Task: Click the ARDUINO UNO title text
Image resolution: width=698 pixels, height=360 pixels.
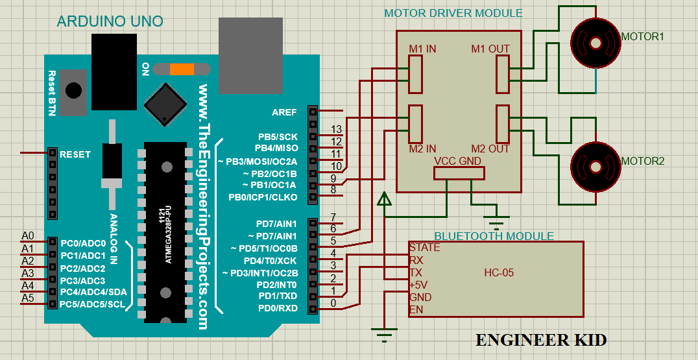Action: click(110, 21)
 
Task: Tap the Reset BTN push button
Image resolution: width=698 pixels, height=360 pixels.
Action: click(74, 90)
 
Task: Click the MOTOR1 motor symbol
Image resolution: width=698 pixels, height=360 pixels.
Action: click(595, 43)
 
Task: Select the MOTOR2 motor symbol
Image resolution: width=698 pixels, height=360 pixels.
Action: click(595, 166)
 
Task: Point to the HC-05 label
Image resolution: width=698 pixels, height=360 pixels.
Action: click(499, 272)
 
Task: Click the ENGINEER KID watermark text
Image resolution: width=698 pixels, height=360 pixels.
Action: click(541, 340)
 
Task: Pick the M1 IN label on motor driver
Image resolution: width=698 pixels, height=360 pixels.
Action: click(422, 49)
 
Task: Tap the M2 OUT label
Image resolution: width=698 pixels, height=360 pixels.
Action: click(490, 149)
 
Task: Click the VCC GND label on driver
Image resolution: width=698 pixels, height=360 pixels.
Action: click(457, 161)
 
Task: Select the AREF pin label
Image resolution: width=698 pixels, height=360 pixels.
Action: click(284, 112)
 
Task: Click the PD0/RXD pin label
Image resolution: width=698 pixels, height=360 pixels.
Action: click(278, 308)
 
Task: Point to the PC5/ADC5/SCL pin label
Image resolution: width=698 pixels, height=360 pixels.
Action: click(92, 304)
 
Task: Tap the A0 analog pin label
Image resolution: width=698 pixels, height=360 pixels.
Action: click(28, 235)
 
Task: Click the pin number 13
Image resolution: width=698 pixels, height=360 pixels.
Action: click(336, 130)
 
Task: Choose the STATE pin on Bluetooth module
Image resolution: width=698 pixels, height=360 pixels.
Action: click(424, 248)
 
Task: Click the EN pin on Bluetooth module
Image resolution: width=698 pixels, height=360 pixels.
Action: click(416, 309)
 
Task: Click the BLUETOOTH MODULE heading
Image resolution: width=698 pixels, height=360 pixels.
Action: click(494, 236)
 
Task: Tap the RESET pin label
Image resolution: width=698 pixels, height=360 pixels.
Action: click(75, 154)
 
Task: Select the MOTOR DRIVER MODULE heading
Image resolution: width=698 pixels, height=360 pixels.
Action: click(453, 13)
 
